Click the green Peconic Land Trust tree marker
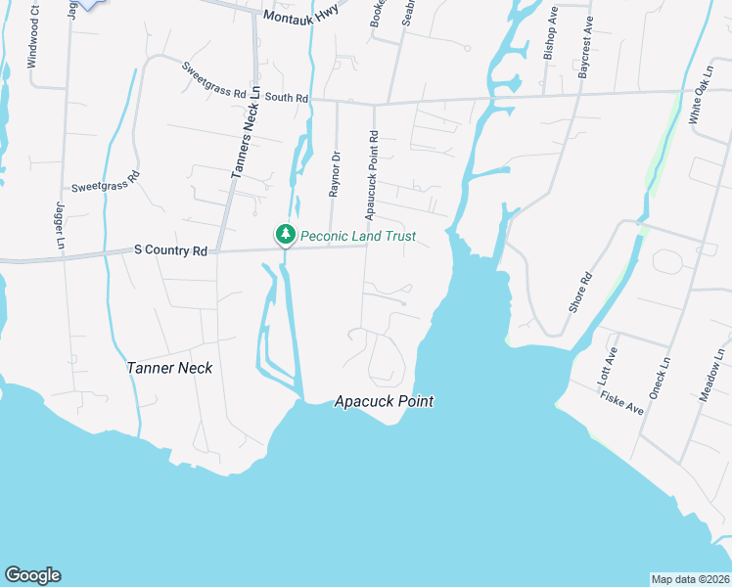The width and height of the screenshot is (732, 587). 285,235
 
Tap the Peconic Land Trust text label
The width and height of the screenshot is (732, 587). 358,236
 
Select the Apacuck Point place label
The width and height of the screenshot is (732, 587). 384,401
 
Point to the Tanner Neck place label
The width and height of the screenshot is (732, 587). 169,368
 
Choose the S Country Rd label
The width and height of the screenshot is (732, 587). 170,251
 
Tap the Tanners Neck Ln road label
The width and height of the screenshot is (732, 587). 243,132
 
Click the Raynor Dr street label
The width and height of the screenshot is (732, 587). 335,174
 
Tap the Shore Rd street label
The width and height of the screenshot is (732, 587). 581,292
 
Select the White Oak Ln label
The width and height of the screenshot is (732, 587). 702,94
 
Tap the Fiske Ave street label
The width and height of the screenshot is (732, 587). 621,402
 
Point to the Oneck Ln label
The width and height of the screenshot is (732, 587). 664,375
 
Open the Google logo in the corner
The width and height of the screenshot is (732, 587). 32,575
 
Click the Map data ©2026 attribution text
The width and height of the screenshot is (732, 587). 690,579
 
